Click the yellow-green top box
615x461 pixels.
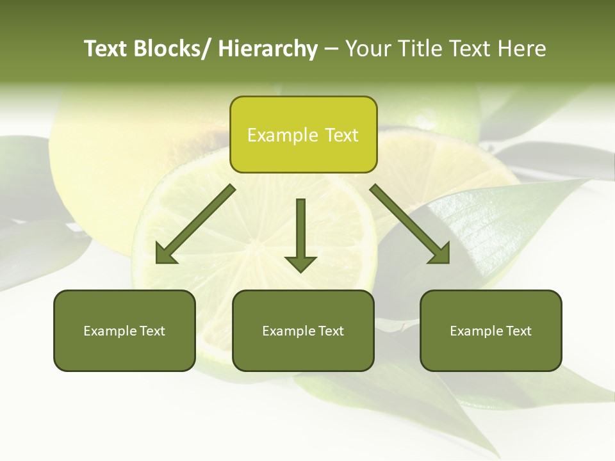pos(303,134)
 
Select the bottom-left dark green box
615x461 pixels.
pos(124,330)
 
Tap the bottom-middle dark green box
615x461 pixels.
pos(303,330)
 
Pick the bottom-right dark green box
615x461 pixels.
pos(491,330)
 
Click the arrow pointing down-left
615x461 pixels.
pos(195,224)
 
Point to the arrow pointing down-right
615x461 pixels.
pos(410,224)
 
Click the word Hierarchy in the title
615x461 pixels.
pos(268,49)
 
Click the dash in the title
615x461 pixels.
pos(331,49)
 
